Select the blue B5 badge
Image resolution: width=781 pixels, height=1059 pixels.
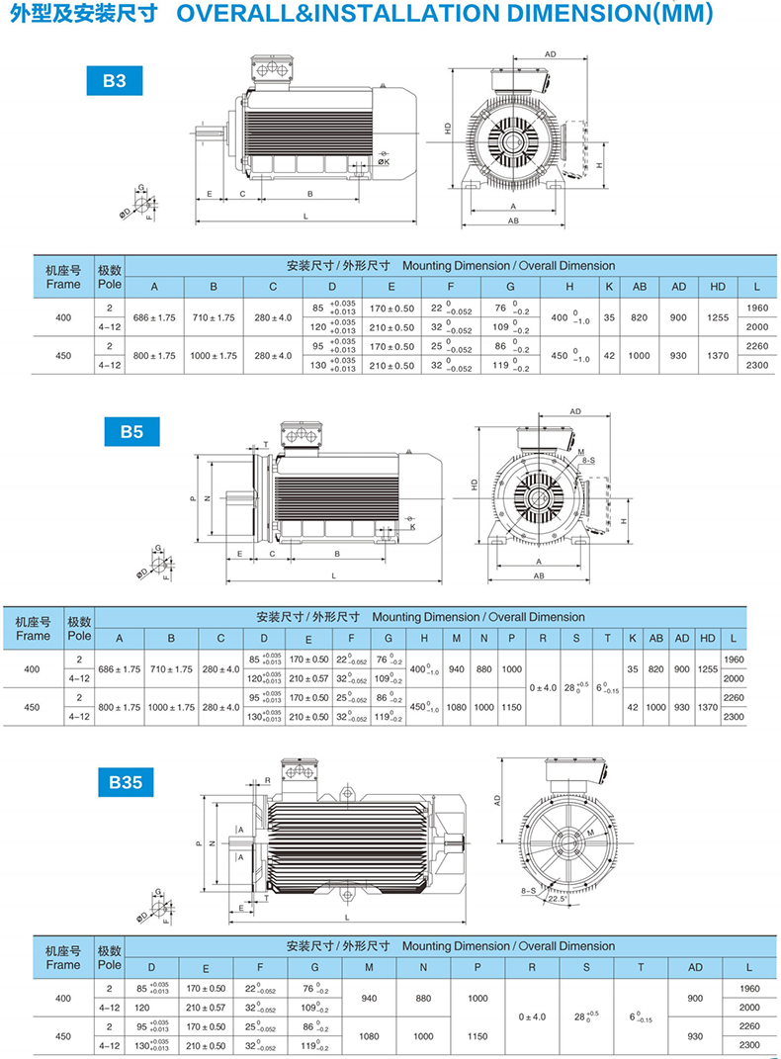click(x=132, y=431)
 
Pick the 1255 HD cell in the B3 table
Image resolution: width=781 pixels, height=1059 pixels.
click(x=718, y=318)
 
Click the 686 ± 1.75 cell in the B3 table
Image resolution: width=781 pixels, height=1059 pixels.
click(x=154, y=318)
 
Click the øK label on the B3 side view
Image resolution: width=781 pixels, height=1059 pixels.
click(x=384, y=161)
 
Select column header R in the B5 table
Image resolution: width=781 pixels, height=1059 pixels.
click(x=543, y=638)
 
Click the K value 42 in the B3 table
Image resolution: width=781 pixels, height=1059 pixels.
click(x=609, y=355)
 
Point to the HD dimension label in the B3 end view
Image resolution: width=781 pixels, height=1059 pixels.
click(x=448, y=128)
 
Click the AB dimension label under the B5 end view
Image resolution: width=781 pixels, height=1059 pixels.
click(x=540, y=574)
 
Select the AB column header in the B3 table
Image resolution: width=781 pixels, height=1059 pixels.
click(x=640, y=287)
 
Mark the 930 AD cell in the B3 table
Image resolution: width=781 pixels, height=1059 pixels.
click(x=679, y=355)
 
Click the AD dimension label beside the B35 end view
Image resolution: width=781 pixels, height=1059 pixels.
click(x=498, y=799)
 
